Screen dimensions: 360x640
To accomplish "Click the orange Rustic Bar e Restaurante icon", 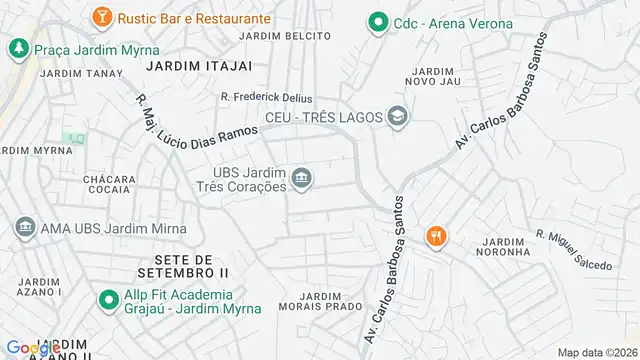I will (x=101, y=18).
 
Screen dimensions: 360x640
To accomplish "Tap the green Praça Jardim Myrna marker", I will (x=19, y=48).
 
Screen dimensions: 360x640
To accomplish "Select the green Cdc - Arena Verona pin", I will (x=378, y=22).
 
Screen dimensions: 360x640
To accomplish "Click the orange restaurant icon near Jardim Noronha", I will (x=437, y=236).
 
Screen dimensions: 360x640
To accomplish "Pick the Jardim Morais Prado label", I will (x=320, y=302).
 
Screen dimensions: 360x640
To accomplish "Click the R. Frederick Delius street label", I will (x=266, y=98).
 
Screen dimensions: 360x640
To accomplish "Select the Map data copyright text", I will (x=597, y=352).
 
